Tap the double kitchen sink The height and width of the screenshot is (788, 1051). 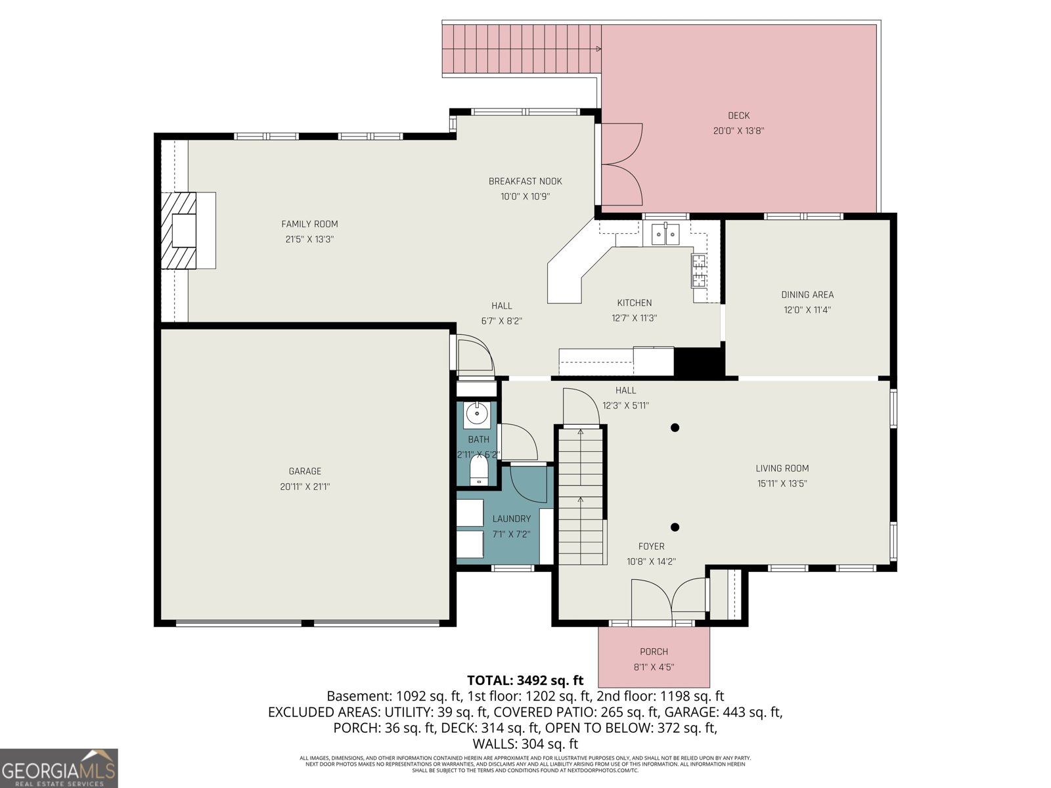665,234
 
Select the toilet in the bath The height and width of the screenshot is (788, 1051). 480,470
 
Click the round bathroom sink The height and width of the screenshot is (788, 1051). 476,414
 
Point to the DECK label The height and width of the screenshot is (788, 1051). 738,116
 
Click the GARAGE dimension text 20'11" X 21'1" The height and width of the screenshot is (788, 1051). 305,487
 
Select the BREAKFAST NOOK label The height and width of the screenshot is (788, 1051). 525,181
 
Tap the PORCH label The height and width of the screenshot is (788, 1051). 654,651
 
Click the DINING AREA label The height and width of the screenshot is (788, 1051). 807,295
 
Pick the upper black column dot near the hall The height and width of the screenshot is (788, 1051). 675,427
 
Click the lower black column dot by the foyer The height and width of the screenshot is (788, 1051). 675,527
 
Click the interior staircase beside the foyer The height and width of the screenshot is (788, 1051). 581,496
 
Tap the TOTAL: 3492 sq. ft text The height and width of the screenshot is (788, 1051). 525,680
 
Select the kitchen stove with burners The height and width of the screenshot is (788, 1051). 698,270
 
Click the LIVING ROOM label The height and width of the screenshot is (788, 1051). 782,468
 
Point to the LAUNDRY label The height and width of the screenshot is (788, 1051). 511,519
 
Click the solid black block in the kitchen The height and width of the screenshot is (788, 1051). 698,362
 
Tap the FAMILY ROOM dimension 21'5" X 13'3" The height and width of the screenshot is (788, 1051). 309,240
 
